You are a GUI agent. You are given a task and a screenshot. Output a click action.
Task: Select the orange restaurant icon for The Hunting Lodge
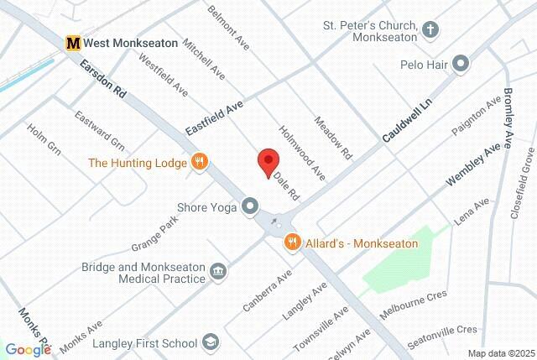tap(199, 162)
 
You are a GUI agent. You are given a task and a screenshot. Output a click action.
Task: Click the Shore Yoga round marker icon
tap(250, 206)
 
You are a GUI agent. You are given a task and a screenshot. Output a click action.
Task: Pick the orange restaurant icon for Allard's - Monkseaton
tap(292, 243)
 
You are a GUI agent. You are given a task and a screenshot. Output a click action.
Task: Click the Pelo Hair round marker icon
tap(460, 64)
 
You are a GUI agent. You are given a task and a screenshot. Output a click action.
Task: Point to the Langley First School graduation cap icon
tap(211, 342)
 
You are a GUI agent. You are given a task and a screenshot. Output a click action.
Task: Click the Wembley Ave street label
tap(473, 164)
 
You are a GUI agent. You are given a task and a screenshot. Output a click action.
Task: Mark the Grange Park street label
tap(156, 235)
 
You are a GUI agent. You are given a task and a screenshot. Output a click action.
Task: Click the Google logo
tap(29, 350)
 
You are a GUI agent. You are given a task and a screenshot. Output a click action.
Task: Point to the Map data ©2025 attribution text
tap(500, 353)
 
